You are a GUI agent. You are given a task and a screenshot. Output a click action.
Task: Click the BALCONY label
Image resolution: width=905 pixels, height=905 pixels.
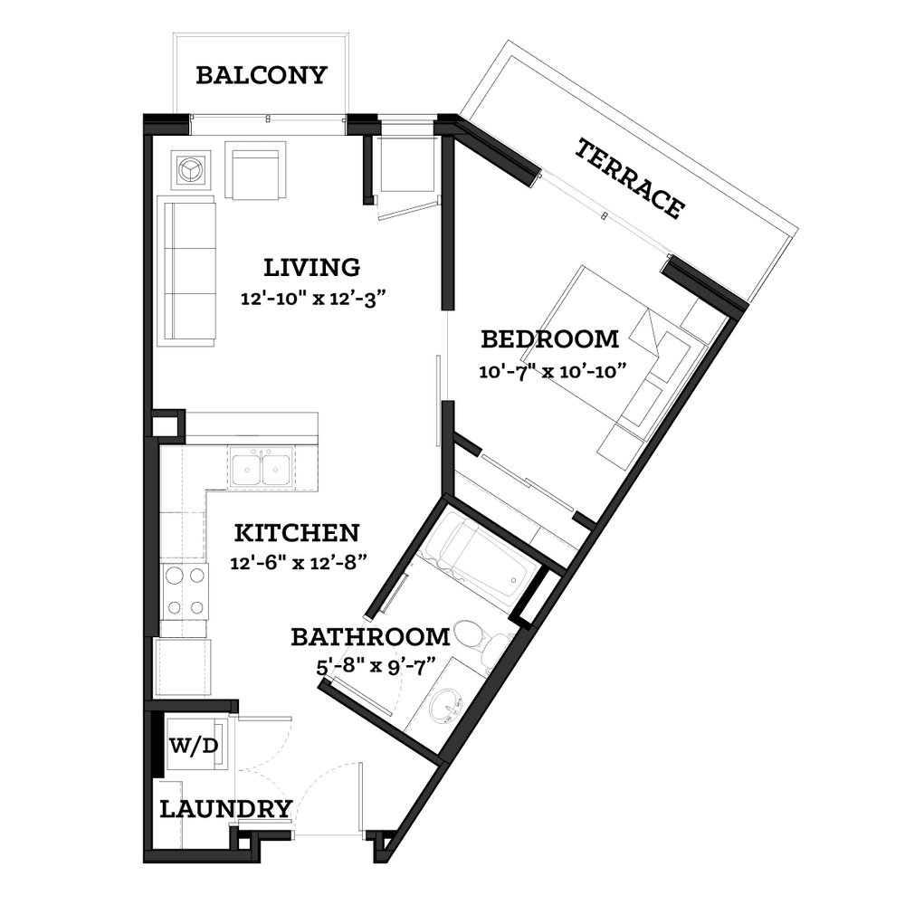pyautogui.click(x=262, y=76)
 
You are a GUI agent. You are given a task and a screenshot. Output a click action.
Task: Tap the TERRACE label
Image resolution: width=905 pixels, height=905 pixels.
pyautogui.click(x=631, y=178)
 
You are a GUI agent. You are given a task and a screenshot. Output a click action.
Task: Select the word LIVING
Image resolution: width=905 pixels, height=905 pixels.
pyautogui.click(x=312, y=268)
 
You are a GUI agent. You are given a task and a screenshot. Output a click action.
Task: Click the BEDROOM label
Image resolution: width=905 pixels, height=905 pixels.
pyautogui.click(x=550, y=339)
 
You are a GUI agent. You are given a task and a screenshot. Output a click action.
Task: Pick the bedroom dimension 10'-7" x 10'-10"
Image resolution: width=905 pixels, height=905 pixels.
pyautogui.click(x=552, y=371)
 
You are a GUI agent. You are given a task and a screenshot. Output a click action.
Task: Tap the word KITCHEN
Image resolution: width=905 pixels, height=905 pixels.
pyautogui.click(x=297, y=533)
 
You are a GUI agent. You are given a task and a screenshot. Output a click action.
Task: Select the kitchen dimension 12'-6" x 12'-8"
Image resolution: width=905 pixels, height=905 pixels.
pyautogui.click(x=299, y=563)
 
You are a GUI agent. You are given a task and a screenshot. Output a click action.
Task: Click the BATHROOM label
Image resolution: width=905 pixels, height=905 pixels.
pyautogui.click(x=370, y=637)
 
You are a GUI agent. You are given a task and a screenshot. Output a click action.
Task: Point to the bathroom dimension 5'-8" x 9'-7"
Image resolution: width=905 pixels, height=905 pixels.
pyautogui.click(x=376, y=667)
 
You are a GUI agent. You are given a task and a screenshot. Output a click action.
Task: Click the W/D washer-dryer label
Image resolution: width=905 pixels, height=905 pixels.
pyautogui.click(x=194, y=747)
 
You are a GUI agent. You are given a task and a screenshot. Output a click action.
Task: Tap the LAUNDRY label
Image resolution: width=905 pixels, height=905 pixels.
pyautogui.click(x=225, y=809)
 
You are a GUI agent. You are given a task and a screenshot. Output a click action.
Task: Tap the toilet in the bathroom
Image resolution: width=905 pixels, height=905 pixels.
pyautogui.click(x=483, y=641)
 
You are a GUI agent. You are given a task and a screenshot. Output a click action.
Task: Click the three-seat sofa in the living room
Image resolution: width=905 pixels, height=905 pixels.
pyautogui.click(x=186, y=271)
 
